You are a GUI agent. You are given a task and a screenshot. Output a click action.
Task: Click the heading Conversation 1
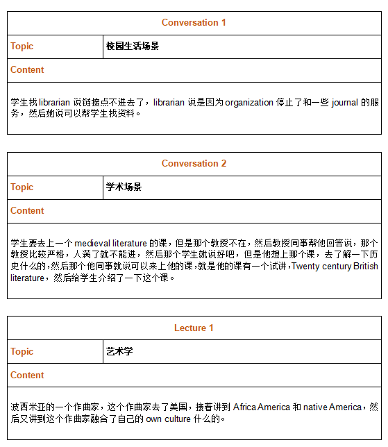click(194, 23)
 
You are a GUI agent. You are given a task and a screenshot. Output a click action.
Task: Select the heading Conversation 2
click(194, 164)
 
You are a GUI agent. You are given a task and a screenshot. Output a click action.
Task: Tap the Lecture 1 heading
click(194, 328)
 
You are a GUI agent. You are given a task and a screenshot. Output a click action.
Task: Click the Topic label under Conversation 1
click(22, 47)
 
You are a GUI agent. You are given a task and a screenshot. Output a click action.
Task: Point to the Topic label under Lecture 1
click(22, 352)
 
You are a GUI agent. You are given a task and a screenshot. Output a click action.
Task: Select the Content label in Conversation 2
click(27, 211)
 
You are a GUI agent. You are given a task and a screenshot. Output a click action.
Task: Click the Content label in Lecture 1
click(27, 376)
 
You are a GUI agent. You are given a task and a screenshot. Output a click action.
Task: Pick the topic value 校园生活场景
click(133, 47)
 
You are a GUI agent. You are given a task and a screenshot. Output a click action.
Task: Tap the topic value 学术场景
click(124, 187)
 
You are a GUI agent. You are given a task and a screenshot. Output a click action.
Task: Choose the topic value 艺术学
click(119, 352)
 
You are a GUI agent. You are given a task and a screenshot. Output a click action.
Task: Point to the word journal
click(344, 103)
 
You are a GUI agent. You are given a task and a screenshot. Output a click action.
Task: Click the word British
click(366, 267)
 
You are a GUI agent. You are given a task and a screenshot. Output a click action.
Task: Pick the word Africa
click(245, 407)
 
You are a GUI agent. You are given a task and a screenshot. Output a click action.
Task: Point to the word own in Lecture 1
click(154, 419)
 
